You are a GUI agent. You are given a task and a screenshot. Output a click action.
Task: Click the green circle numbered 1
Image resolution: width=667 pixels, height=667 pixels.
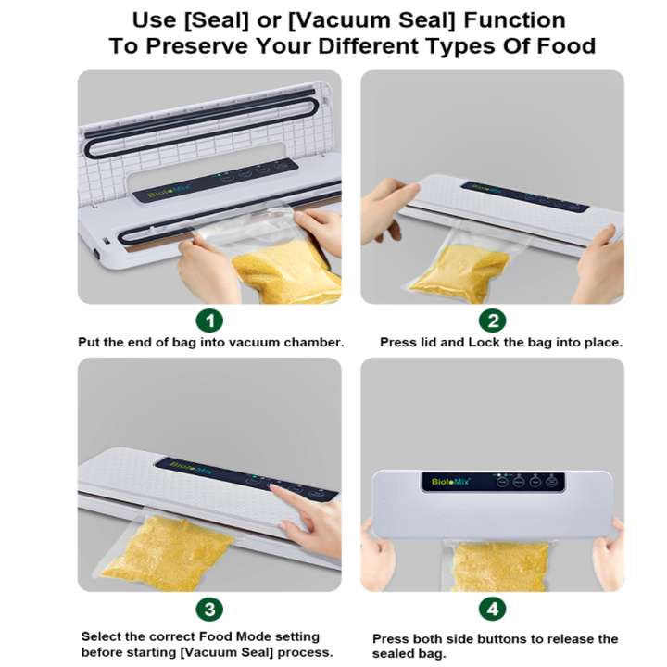(209, 321)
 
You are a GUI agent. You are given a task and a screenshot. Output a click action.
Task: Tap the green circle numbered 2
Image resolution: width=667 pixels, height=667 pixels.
(492, 321)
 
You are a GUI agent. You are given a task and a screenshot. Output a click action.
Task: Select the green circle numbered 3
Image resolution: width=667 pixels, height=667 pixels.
(209, 610)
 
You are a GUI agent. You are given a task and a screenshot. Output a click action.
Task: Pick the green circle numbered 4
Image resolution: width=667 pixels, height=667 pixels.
(492, 610)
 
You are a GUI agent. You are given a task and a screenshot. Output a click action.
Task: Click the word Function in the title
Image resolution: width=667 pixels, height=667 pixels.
(514, 20)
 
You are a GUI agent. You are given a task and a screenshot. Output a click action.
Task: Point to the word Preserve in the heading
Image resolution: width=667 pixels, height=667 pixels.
(196, 46)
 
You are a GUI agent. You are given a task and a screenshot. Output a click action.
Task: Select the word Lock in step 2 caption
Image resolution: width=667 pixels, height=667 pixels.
(481, 343)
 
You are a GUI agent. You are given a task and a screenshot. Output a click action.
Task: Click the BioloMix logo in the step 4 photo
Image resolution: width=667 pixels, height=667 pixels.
(450, 482)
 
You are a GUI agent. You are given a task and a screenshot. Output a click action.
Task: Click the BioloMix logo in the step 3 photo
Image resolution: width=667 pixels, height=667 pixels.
(193, 468)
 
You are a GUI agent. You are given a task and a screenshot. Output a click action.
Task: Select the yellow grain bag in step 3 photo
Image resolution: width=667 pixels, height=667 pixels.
(167, 553)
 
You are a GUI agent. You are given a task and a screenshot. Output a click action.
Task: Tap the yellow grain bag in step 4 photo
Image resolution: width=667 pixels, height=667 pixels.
(499, 567)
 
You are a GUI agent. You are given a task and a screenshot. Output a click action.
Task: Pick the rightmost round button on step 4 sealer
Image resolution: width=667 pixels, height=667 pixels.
(551, 482)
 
